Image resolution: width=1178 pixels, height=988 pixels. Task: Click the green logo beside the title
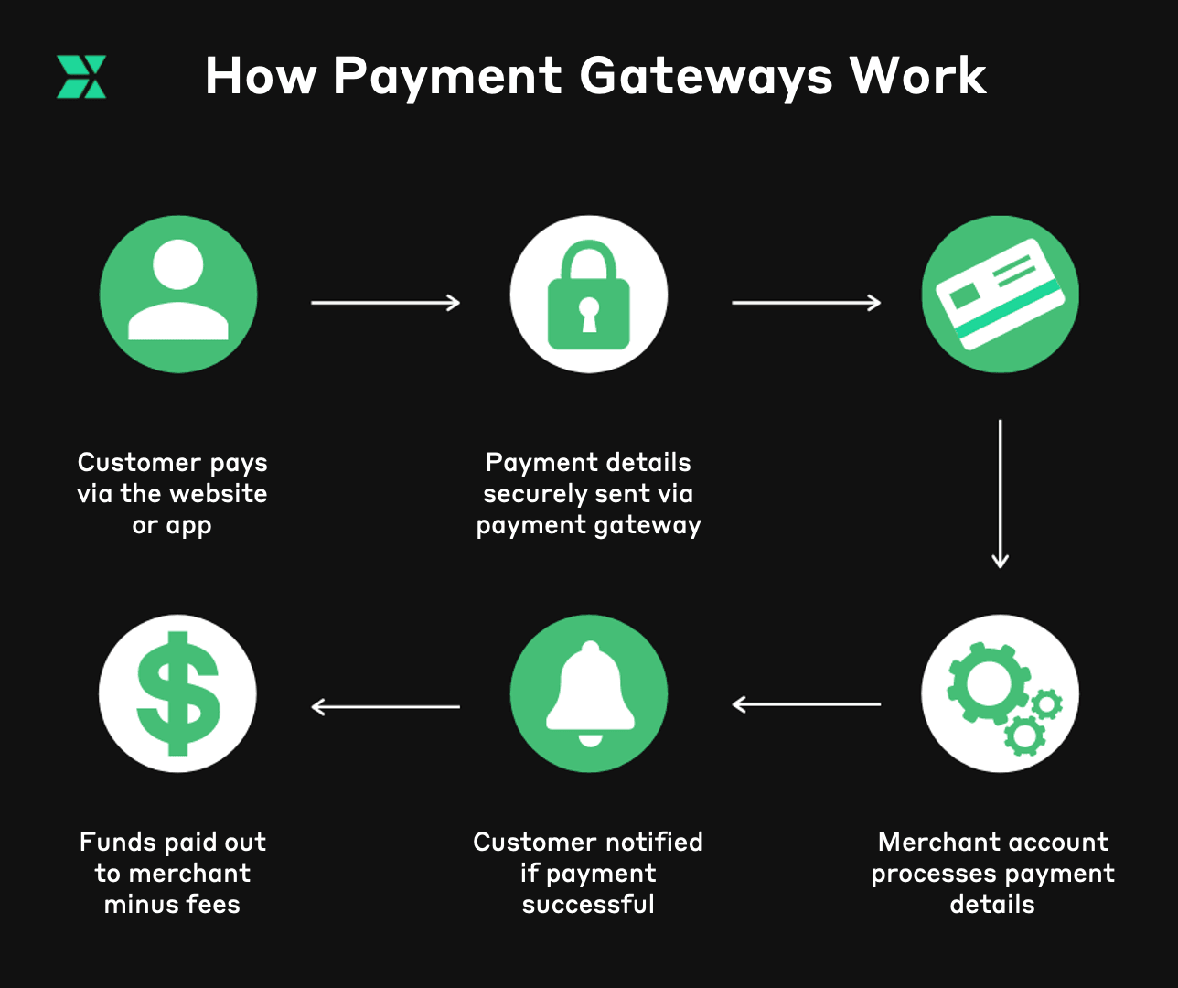point(81,77)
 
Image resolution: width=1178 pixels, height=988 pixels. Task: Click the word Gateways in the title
point(706,77)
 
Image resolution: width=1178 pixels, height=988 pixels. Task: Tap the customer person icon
point(178,295)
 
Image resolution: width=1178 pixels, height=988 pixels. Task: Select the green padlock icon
point(589,295)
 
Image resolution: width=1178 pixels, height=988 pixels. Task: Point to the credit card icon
point(1000,295)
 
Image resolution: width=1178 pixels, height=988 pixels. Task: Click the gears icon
point(1000,693)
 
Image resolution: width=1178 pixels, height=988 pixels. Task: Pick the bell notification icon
point(589,693)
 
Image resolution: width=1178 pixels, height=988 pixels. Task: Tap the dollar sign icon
point(178,693)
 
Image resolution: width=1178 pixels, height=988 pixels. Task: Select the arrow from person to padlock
point(385,303)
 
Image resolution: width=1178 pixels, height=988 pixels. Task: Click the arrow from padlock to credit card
point(806,303)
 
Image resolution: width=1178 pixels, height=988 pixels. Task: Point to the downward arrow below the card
point(1000,494)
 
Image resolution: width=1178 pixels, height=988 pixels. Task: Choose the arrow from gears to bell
point(806,704)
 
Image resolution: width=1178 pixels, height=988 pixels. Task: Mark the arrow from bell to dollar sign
point(385,707)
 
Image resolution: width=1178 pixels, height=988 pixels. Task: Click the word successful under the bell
point(588,905)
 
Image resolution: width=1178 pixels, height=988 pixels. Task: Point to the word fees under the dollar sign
point(212,905)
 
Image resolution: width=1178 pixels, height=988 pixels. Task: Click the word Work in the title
point(917,77)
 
